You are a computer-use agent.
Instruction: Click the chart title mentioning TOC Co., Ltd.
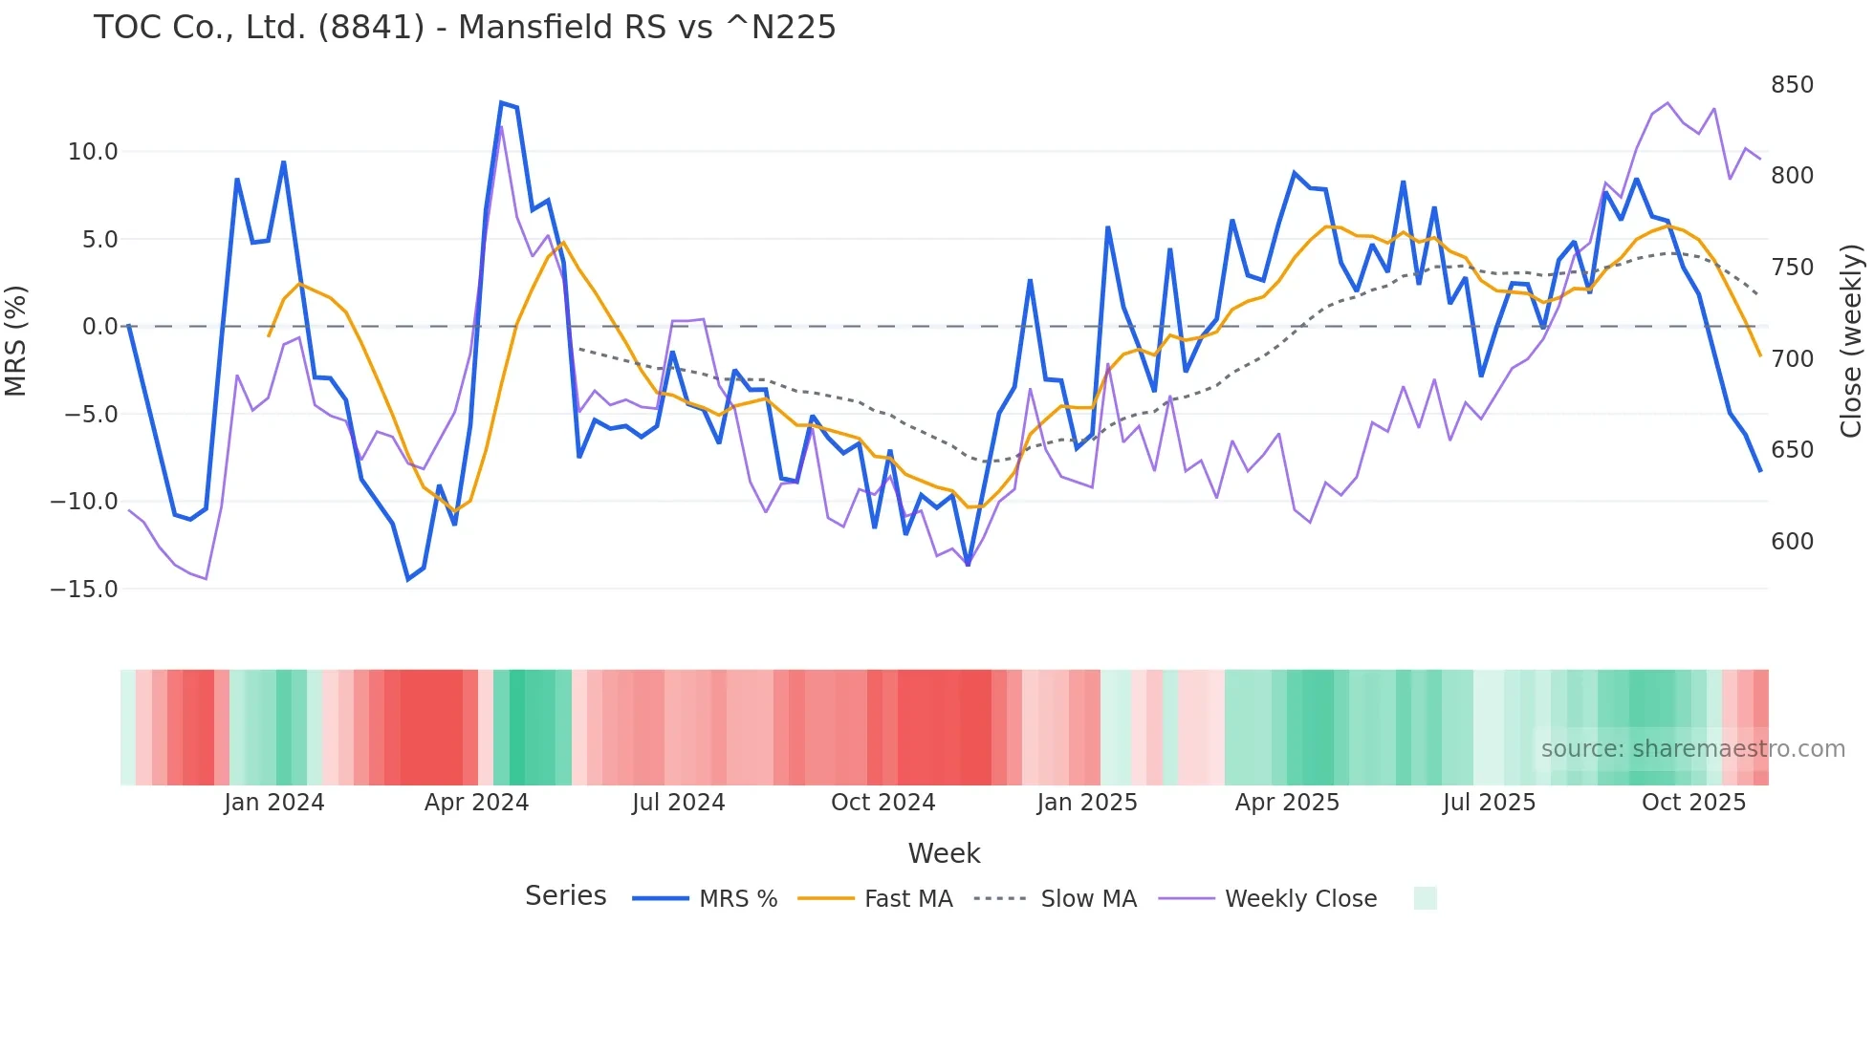pos(465,28)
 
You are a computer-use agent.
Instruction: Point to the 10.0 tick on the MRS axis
pos(93,152)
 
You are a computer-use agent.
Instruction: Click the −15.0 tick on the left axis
pos(84,590)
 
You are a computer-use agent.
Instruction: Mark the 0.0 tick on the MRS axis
pos(100,327)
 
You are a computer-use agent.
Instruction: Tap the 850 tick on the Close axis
pos(1792,85)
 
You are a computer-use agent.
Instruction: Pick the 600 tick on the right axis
pos(1792,542)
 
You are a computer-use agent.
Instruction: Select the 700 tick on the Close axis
pos(1792,359)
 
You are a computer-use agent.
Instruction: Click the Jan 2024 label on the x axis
pos(274,803)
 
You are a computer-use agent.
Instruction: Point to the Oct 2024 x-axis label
pos(883,803)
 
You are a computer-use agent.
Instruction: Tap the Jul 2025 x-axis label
pos(1489,803)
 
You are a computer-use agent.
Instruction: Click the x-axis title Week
pos(944,853)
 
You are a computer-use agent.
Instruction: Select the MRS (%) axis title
pos(16,340)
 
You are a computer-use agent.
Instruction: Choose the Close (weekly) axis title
pos(1852,340)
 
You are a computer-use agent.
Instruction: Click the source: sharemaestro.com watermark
pos(1692,749)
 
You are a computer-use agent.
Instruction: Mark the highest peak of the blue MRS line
pos(501,102)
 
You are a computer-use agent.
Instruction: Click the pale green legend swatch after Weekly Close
pos(1425,898)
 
